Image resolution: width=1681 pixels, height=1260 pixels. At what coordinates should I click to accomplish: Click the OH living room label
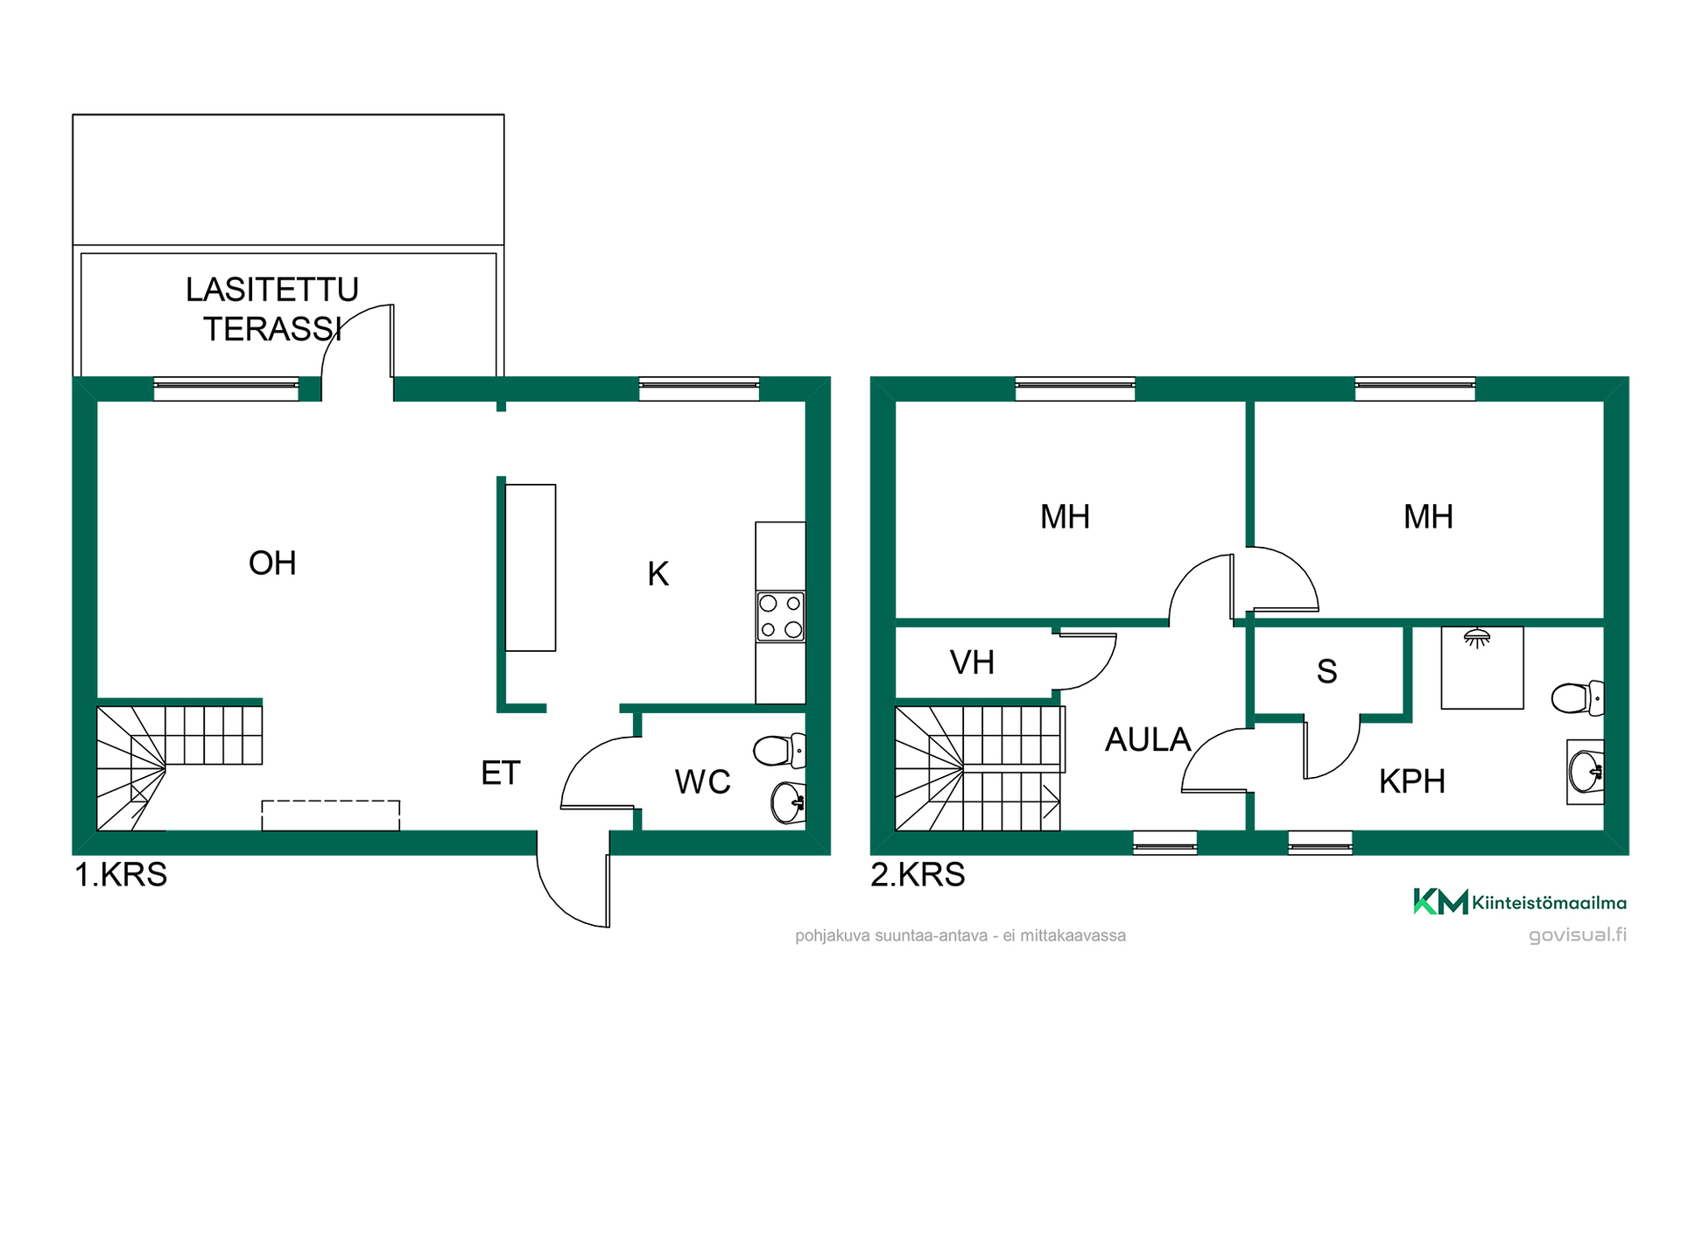(272, 563)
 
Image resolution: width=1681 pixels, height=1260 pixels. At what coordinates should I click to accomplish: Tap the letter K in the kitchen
(658, 574)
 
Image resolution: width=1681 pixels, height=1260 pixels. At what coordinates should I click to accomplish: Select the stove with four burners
(780, 616)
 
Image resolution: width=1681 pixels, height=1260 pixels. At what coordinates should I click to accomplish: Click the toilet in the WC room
(778, 751)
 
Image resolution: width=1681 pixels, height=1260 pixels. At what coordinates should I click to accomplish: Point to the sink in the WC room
(788, 801)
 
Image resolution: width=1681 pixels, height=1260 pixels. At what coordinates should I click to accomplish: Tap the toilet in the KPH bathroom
(1577, 698)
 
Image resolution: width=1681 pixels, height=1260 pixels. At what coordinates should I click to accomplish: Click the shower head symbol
(1477, 638)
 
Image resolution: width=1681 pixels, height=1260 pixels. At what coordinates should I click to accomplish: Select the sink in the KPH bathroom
(1586, 772)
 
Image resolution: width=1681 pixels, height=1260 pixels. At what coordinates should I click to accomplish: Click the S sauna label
(1326, 671)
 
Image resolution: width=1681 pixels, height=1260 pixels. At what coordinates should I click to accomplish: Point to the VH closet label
(972, 662)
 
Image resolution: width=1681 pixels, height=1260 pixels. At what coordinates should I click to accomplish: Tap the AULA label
(1148, 739)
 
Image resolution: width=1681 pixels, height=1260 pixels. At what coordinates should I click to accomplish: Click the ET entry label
(501, 773)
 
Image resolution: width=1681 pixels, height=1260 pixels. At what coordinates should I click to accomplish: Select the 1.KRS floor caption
(121, 874)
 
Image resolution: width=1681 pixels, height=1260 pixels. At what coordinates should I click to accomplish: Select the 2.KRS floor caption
(918, 874)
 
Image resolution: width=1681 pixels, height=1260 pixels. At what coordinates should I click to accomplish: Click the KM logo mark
(1440, 901)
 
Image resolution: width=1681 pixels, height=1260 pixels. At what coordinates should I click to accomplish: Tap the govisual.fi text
(1578, 934)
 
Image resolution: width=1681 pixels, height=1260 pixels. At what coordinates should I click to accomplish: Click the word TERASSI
(273, 329)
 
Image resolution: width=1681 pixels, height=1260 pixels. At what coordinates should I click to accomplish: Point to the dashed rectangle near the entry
(331, 815)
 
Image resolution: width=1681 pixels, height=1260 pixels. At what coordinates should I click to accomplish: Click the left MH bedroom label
(1065, 516)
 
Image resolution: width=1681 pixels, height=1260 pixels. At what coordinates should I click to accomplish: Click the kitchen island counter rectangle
(531, 568)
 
